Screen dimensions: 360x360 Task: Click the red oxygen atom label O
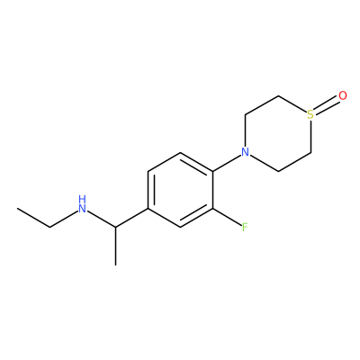click(343, 95)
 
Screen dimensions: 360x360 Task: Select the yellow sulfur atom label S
click(310, 114)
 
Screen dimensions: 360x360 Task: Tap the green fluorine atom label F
click(245, 228)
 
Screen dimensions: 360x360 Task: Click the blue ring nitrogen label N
click(246, 152)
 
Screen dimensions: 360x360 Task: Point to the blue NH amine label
click(83, 204)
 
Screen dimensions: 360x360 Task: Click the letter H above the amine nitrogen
click(83, 199)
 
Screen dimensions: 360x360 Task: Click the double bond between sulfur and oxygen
click(327, 106)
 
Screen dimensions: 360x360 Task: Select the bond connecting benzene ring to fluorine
click(227, 217)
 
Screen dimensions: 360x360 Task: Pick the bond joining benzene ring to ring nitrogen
click(227, 163)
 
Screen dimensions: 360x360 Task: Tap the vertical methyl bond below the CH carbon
click(115, 246)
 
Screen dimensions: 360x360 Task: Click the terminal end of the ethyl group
click(17, 208)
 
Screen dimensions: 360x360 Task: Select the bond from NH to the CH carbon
click(102, 219)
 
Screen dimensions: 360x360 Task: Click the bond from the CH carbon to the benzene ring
click(131, 218)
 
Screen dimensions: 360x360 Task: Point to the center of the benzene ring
click(181, 190)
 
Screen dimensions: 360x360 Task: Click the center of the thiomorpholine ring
click(278, 133)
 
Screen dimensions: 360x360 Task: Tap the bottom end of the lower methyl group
click(115, 265)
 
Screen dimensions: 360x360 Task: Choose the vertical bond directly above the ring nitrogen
click(246, 130)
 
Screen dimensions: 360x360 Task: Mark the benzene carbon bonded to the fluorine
click(213, 209)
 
